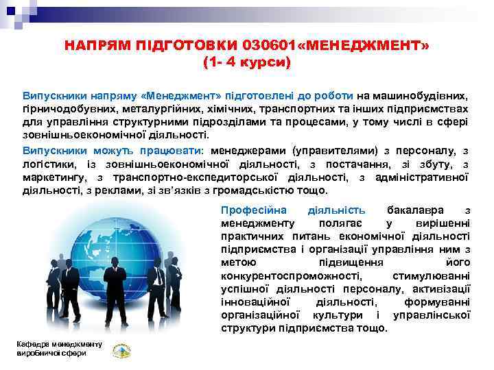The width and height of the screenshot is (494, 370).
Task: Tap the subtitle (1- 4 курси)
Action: point(247,63)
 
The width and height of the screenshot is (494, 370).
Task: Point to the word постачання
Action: point(360,164)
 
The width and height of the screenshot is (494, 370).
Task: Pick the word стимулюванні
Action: point(431,275)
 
